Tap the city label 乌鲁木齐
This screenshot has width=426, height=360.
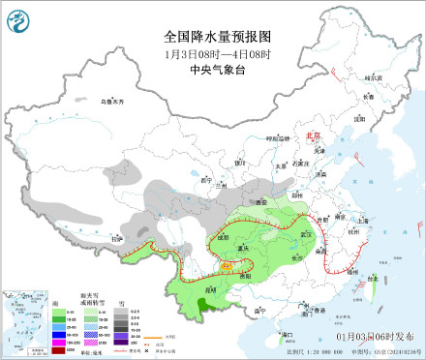pyautogui.click(x=113, y=101)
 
